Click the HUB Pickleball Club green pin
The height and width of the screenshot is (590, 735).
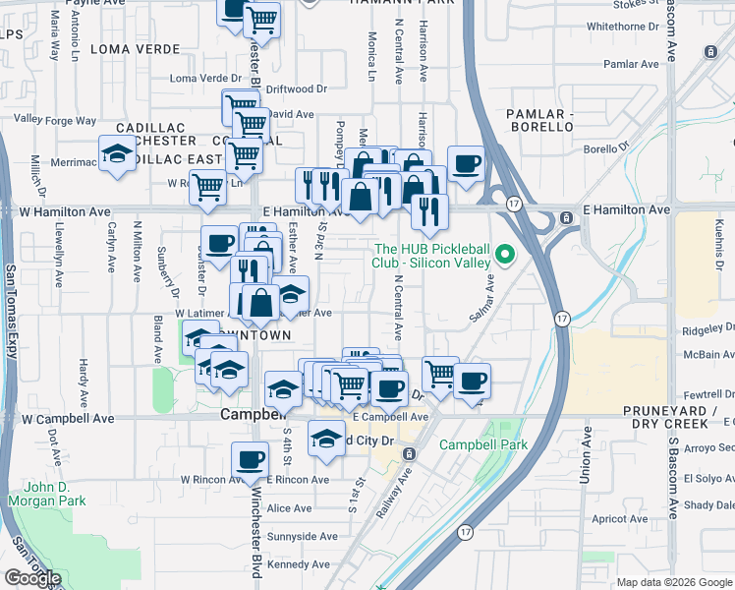pos(506,255)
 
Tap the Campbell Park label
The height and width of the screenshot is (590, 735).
pos(482,444)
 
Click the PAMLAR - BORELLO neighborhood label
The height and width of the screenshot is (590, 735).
pos(539,120)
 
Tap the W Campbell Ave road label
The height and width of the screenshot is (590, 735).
pos(68,418)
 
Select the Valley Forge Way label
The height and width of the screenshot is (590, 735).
pos(55,121)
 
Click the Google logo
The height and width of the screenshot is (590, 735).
pos(32,578)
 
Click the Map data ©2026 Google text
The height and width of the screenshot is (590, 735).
pos(673,582)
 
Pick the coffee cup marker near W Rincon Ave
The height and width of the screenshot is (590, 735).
pos(251,458)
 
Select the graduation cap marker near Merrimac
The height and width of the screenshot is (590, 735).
pos(117,153)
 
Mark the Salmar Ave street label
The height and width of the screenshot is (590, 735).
pos(485,293)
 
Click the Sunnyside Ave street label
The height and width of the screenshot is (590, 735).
pos(302,537)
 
